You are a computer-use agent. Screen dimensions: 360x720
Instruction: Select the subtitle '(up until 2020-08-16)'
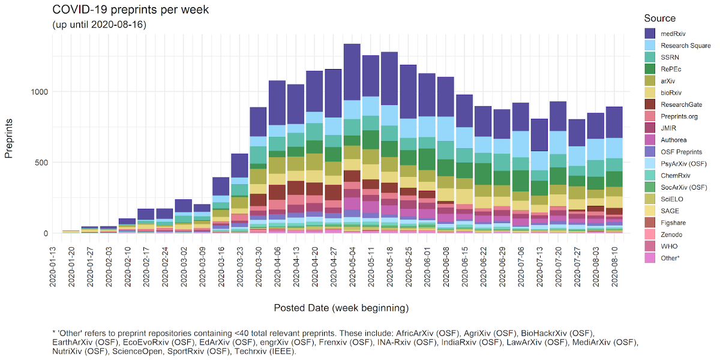pos(100,25)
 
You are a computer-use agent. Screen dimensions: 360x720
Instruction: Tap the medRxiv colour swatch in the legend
pos(650,34)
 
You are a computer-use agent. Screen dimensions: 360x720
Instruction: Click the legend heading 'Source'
pos(659,18)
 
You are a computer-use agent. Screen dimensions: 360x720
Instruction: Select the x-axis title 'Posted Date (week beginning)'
pos(341,308)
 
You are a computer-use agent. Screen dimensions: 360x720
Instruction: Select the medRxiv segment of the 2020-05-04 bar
pos(352,72)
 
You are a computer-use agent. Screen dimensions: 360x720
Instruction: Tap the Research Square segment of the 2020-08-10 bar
pos(614,148)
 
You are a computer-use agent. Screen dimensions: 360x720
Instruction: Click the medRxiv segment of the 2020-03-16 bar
pos(221,186)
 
